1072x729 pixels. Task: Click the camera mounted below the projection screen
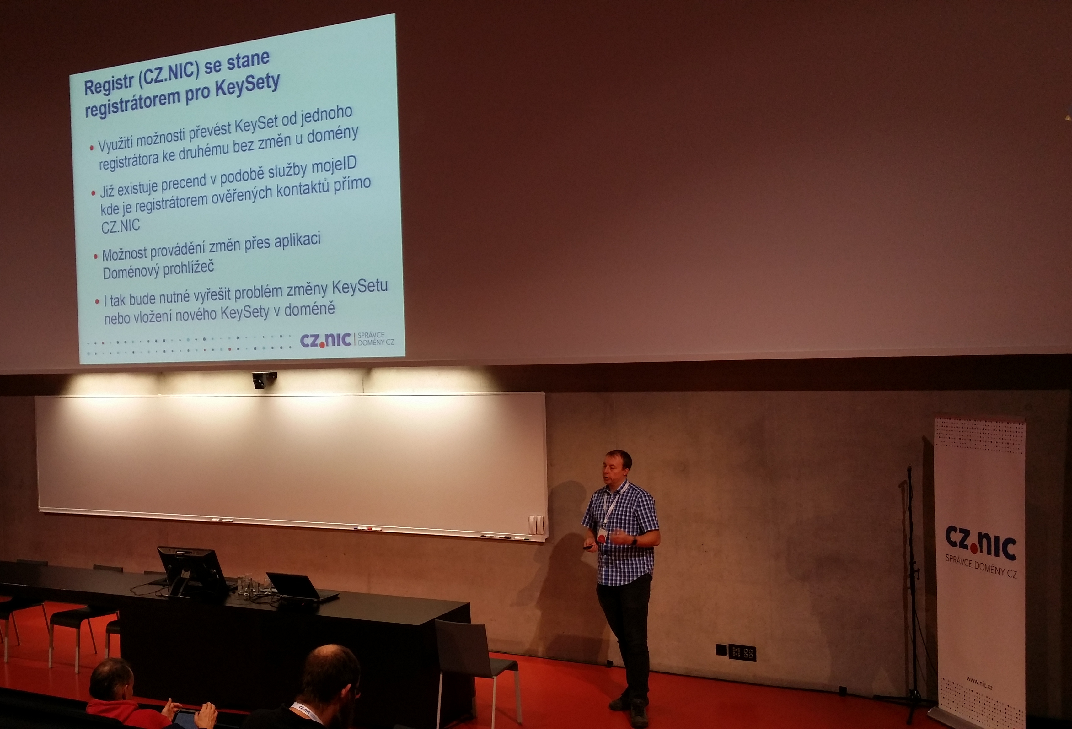264,379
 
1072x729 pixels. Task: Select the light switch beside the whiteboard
536,525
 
